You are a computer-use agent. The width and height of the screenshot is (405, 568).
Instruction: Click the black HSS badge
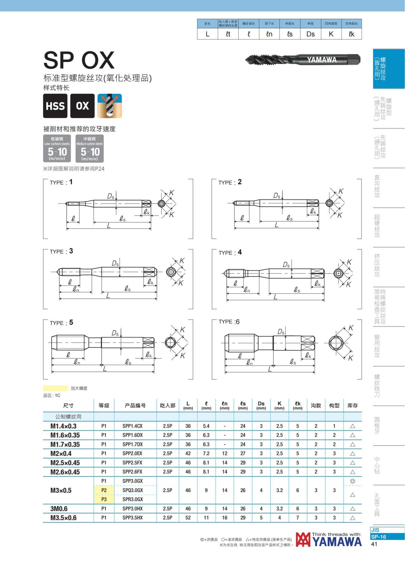pos(55,106)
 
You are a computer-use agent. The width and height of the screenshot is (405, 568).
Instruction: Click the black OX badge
pos(82,106)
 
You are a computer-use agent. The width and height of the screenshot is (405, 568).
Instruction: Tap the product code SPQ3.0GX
pos(133,490)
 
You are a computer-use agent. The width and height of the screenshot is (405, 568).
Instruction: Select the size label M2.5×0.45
pos(65,463)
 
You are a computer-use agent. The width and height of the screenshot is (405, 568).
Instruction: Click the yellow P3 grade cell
pos(104,499)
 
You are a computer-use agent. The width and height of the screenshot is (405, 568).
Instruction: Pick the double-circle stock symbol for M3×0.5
pos(352,481)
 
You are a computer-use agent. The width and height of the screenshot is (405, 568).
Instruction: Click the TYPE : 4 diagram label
pos(230,252)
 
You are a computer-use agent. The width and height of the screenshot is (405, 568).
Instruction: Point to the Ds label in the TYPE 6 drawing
pos(281,332)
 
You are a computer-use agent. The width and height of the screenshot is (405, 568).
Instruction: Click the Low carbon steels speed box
pos(57,148)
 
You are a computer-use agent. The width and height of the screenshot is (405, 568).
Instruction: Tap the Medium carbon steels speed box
pos(89,148)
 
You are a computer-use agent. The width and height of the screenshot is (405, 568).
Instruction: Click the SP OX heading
pos(79,60)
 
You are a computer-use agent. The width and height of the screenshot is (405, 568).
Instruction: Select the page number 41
pos(374,544)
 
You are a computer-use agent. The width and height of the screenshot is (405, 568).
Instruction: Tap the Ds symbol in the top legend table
pos(310,34)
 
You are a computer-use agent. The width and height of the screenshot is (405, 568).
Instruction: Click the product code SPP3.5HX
pos(133,517)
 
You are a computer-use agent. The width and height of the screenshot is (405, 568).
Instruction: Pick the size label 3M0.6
pos(59,509)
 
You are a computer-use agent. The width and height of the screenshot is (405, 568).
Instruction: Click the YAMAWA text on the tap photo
pos(322,60)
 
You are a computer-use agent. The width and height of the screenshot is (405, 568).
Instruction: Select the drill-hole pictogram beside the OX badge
pos(110,106)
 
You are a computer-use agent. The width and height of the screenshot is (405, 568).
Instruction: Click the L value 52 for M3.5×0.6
pos(188,517)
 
